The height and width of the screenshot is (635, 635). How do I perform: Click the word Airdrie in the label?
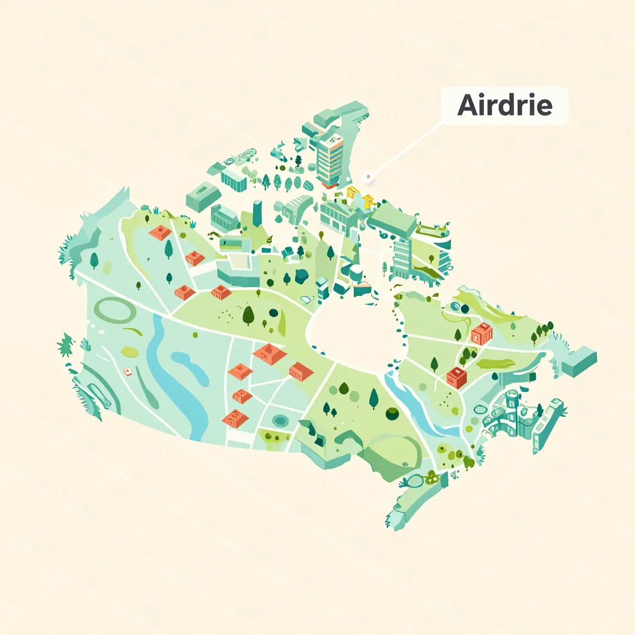click(504, 105)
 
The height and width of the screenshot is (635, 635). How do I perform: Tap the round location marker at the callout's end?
click(369, 178)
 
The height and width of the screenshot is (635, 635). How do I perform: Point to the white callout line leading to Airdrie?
click(406, 149)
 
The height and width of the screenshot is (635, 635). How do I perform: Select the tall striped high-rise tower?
click(329, 158)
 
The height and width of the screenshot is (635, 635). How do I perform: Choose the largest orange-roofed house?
click(270, 353)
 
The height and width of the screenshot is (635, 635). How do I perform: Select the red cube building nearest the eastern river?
click(457, 376)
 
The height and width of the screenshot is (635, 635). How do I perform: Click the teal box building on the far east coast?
click(579, 362)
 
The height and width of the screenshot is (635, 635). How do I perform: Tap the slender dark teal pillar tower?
click(257, 213)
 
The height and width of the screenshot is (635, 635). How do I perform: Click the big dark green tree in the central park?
click(248, 315)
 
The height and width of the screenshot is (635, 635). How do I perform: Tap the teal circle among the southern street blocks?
click(280, 420)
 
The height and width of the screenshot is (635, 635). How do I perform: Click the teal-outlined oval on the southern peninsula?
click(416, 479)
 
